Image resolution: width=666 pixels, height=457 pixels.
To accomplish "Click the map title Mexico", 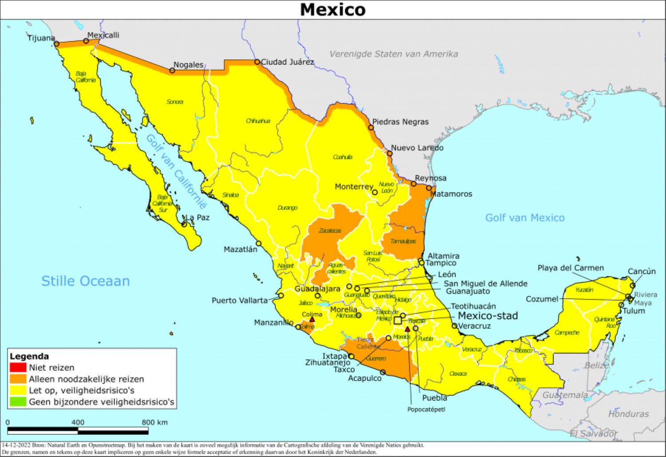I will pyautogui.click(x=333, y=9).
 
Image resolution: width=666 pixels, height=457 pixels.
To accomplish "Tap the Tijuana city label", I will pyautogui.click(x=41, y=38).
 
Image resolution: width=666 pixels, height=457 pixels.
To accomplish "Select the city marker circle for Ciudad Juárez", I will pyautogui.click(x=257, y=62).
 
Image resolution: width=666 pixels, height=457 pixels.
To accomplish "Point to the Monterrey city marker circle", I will pyautogui.click(x=375, y=192).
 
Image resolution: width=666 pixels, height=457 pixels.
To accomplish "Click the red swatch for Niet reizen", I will pyautogui.click(x=18, y=367).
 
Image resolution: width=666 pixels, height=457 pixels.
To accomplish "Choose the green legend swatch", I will pyautogui.click(x=18, y=402).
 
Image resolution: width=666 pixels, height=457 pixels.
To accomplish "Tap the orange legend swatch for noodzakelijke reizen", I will pyautogui.click(x=18, y=379).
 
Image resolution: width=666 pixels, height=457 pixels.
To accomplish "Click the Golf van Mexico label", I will pyautogui.click(x=524, y=218).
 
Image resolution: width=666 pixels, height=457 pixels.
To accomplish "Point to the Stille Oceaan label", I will pyautogui.click(x=85, y=281).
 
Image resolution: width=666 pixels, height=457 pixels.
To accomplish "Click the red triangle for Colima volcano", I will pyautogui.click(x=312, y=319).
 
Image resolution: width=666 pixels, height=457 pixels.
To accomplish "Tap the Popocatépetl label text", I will pyautogui.click(x=426, y=410).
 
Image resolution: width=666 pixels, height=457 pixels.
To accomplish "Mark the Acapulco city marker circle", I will pyautogui.click(x=383, y=372).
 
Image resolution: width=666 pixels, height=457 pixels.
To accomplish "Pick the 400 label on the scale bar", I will pyautogui.click(x=78, y=422).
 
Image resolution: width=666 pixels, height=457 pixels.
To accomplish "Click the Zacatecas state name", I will pyautogui.click(x=330, y=231).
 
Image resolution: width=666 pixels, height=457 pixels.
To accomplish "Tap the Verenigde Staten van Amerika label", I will pyautogui.click(x=393, y=54).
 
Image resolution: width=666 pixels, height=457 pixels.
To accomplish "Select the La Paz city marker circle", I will pyautogui.click(x=184, y=224).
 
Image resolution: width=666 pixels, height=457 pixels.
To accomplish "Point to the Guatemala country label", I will pyautogui.click(x=565, y=395).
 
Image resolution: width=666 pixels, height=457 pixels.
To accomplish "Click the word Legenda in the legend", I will pyautogui.click(x=29, y=356).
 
